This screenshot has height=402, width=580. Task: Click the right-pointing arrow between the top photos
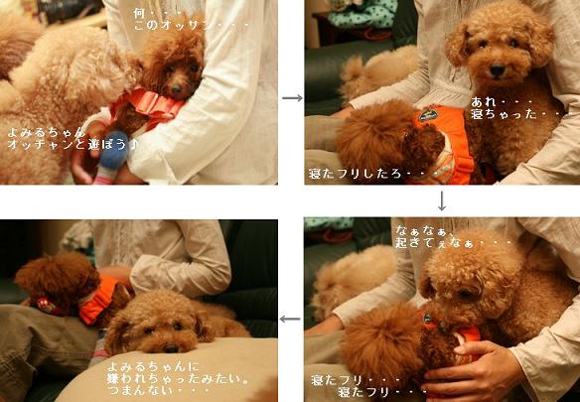click(292, 98)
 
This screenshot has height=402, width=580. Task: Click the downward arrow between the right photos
click(442, 201)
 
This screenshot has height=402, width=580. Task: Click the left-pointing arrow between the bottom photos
click(290, 319)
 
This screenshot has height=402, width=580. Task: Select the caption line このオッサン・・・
click(191, 26)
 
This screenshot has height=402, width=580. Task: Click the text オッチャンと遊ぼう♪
click(72, 145)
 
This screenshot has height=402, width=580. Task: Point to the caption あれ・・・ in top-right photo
click(502, 101)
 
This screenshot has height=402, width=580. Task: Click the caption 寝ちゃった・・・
click(517, 114)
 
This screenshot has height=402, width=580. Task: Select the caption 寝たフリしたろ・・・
click(374, 174)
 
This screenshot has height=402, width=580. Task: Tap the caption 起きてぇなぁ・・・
click(454, 243)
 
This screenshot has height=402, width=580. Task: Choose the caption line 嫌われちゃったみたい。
click(179, 379)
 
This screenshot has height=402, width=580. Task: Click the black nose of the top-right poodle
click(497, 69)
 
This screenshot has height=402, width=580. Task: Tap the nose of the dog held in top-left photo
click(177, 88)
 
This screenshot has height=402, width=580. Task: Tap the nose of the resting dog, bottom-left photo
click(171, 348)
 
